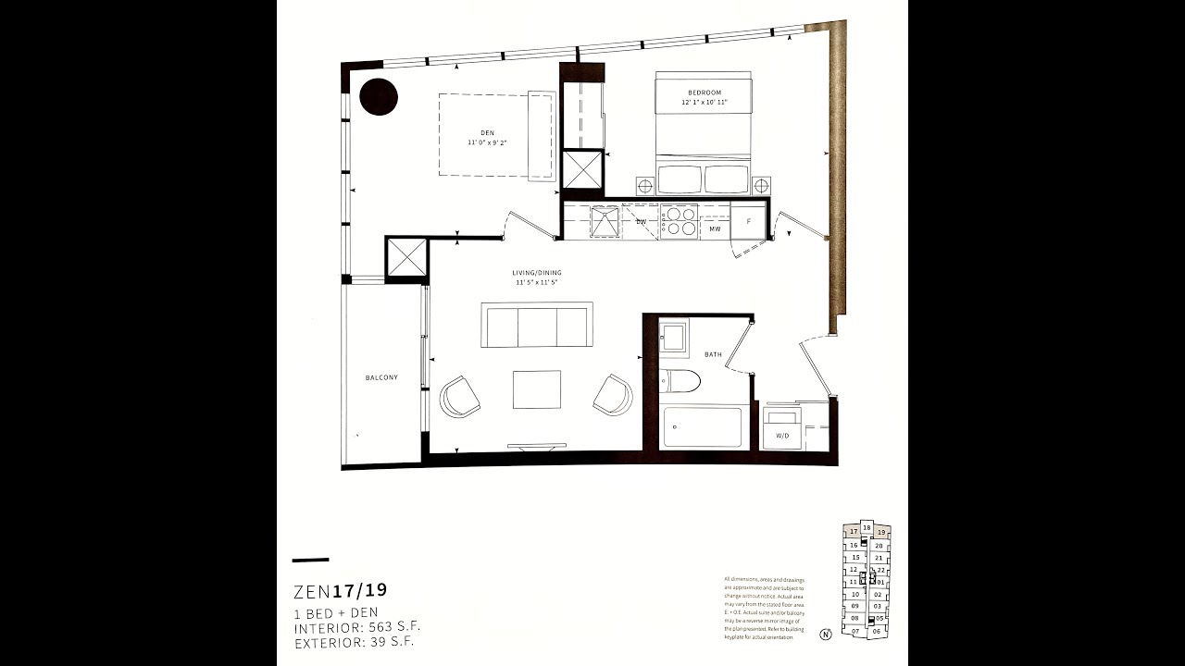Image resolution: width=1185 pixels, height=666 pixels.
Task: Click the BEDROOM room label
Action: pos(704,92)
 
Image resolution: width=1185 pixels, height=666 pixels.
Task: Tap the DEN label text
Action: pos(487,133)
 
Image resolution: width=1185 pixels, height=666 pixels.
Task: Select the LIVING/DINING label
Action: pos(537,273)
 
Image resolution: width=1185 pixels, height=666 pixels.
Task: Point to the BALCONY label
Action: pos(381,377)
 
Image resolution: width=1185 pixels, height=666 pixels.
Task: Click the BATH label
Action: pos(712,354)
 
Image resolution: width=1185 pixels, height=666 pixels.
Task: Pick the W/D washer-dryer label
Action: pos(782,435)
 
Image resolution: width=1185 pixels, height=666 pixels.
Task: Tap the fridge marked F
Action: pos(748,222)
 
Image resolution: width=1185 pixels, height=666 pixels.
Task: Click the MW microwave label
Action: pos(715,228)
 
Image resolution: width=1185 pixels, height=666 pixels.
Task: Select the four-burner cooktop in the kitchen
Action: pos(680,221)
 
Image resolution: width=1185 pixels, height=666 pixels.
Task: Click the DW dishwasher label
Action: pos(641,222)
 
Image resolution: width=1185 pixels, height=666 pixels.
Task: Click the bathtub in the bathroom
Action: pos(703,427)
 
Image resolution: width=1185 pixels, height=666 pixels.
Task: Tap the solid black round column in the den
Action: pos(379,96)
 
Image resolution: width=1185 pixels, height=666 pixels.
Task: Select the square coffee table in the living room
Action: pos(537,389)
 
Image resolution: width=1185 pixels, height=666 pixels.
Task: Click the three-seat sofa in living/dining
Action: pos(537,325)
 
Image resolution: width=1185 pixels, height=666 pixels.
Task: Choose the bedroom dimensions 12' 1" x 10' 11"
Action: pos(704,102)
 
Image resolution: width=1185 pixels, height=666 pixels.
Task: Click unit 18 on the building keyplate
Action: pos(867,527)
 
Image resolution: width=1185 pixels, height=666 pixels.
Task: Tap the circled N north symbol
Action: pos(824,635)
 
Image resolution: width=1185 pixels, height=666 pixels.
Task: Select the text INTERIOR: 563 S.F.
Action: pos(356,626)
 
